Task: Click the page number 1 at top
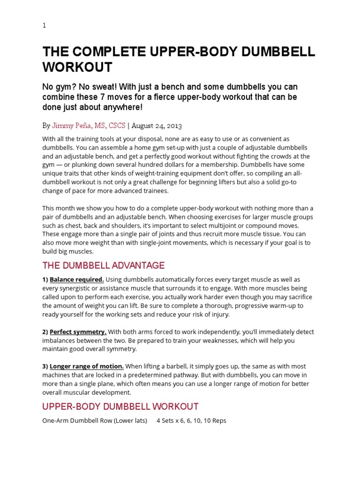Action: (x=44, y=26)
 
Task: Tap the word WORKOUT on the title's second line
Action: (x=77, y=67)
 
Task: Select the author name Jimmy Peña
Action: (x=71, y=126)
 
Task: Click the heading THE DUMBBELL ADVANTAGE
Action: (x=104, y=266)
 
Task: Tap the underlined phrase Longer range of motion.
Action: (x=87, y=367)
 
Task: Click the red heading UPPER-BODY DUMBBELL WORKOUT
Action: (x=120, y=406)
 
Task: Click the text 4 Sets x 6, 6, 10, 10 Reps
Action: (x=191, y=420)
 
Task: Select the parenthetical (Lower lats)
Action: (x=131, y=420)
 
